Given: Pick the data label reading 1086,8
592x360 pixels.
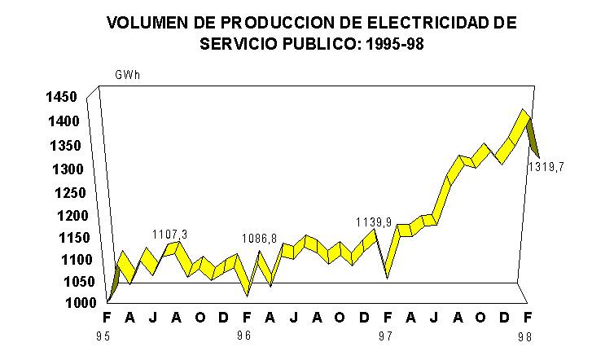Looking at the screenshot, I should click(x=261, y=239).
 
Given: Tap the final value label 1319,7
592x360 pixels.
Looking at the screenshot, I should click(x=546, y=168).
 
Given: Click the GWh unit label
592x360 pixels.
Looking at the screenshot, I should click(x=128, y=76).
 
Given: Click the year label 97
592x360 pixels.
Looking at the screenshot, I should click(x=386, y=335).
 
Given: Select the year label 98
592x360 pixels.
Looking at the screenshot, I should click(x=528, y=335).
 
